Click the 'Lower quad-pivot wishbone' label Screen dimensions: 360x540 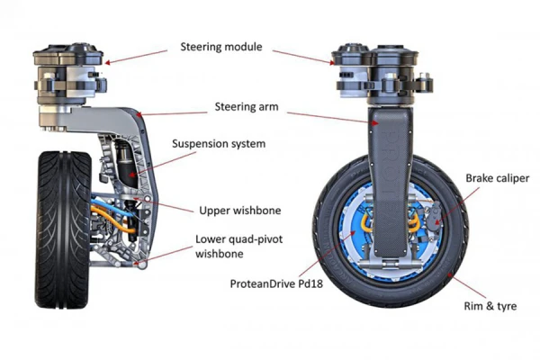(237, 248)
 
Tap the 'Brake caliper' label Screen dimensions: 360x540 (494, 178)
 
